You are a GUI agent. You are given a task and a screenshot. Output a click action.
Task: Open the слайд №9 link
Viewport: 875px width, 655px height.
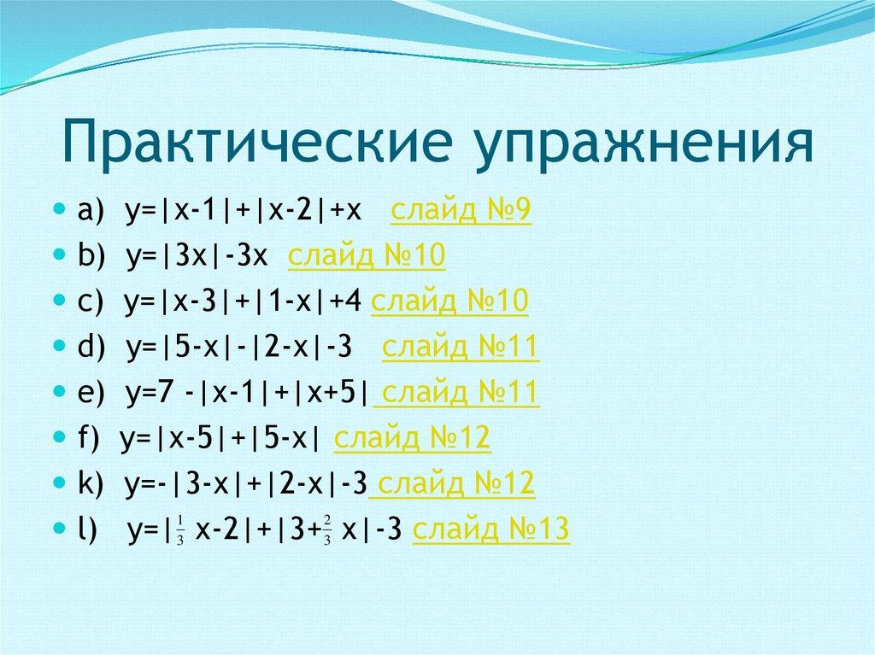(x=461, y=210)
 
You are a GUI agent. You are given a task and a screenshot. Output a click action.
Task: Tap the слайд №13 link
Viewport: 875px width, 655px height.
(x=490, y=530)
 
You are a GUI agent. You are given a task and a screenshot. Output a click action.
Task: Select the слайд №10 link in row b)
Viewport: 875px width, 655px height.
(x=367, y=255)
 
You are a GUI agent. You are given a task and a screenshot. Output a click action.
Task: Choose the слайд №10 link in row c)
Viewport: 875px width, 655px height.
(x=450, y=301)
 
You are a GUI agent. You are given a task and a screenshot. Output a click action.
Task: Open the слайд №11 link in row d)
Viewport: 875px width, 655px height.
(x=461, y=348)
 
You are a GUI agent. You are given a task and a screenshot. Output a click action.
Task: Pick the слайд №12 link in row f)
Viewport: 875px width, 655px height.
(x=412, y=439)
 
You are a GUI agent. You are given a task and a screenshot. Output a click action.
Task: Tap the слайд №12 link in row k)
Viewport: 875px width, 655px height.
(x=454, y=484)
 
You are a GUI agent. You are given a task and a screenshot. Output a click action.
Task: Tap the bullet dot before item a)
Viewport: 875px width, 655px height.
(x=58, y=208)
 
